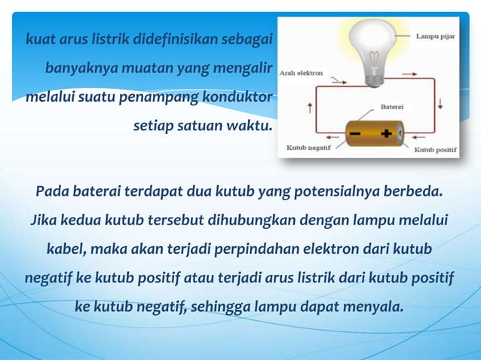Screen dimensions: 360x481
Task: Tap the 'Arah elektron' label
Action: [302, 74]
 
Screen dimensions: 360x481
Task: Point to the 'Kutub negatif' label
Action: [305, 149]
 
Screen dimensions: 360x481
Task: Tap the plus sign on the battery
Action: [387, 134]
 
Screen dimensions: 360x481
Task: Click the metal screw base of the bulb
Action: [374, 75]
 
